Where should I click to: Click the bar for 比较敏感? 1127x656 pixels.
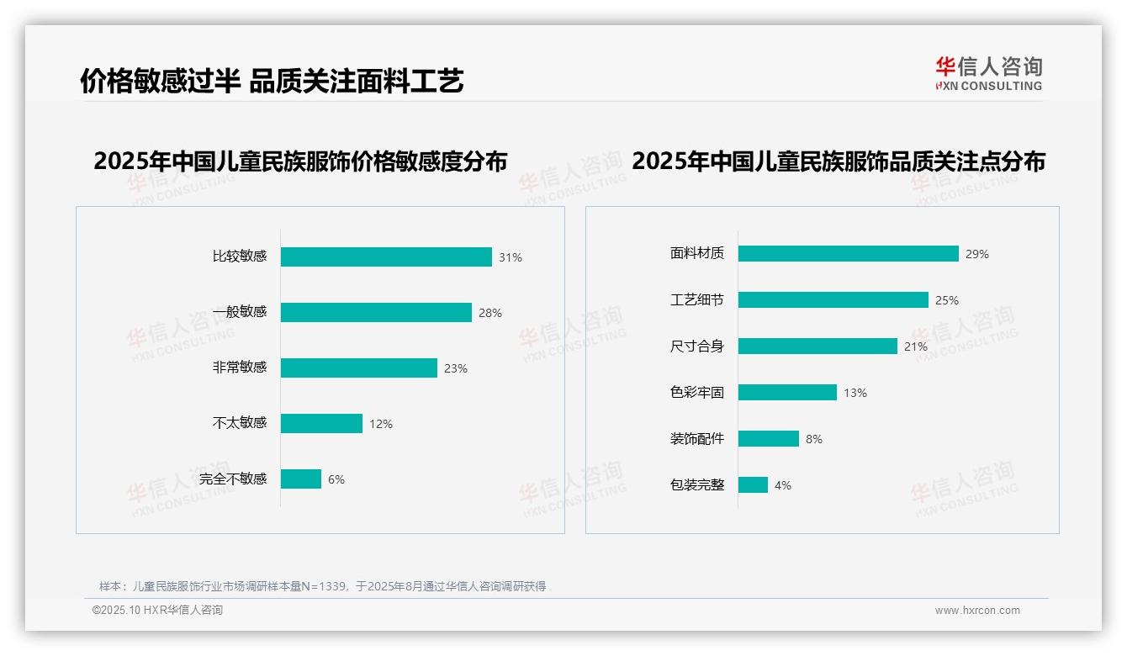click(x=386, y=257)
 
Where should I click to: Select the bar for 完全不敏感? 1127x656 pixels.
click(x=301, y=479)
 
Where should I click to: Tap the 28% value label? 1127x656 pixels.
click(x=490, y=313)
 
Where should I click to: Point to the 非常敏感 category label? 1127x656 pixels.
click(x=240, y=368)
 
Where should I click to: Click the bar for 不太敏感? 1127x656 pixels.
click(x=321, y=423)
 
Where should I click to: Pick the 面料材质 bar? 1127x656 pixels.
click(x=849, y=253)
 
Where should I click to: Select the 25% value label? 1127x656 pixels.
click(x=947, y=300)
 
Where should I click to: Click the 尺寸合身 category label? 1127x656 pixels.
click(x=697, y=346)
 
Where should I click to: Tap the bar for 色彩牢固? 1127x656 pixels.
click(x=787, y=392)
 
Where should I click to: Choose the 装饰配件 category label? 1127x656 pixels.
click(x=697, y=438)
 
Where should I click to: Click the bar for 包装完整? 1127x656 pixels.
click(x=753, y=484)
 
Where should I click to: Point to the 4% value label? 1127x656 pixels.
click(x=783, y=485)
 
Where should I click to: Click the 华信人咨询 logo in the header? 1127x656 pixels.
click(x=988, y=73)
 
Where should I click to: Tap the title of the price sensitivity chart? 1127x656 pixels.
click(x=300, y=161)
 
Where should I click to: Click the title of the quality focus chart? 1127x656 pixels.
click(x=838, y=161)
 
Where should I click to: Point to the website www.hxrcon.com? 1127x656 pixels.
click(x=977, y=611)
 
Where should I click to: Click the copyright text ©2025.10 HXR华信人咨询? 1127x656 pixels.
click(x=157, y=611)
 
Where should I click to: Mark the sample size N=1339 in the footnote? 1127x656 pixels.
click(x=319, y=586)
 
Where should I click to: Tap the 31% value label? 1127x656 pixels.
click(x=511, y=257)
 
